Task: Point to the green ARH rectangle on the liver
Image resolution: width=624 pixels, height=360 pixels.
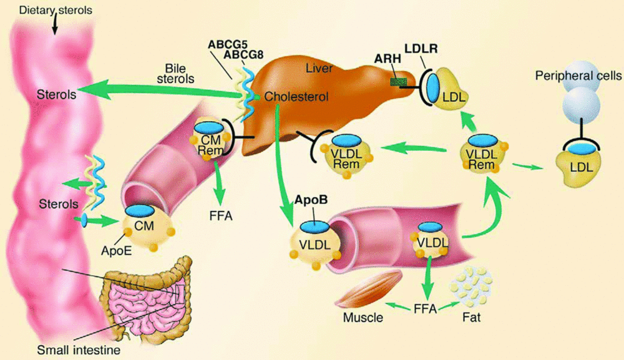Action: coord(399,82)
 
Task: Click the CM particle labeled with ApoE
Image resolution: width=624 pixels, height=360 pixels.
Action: coord(145,225)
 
